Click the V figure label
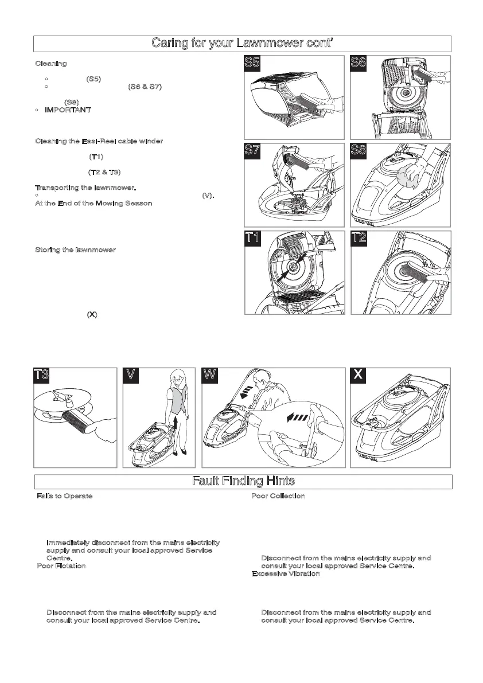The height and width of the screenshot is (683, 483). [x=133, y=376]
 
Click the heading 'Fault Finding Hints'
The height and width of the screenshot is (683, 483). [x=243, y=482]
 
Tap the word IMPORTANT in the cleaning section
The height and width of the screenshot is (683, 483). [x=68, y=110]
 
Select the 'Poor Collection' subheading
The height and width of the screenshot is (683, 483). [x=278, y=495]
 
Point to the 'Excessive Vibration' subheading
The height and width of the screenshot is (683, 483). [x=286, y=573]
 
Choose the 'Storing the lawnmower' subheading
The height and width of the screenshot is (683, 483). [x=76, y=250]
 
